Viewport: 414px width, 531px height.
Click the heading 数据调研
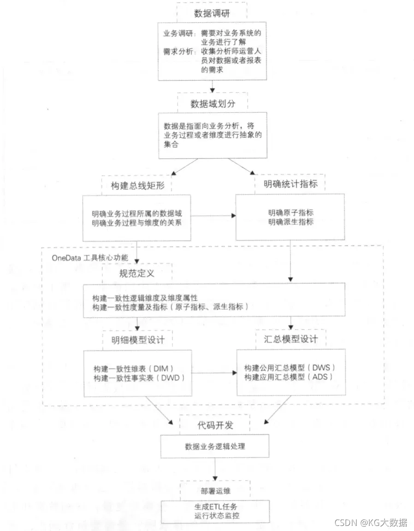(213, 13)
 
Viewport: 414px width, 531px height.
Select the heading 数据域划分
(213, 103)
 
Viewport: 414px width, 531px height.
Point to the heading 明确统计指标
(290, 184)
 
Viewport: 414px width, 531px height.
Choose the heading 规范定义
(136, 273)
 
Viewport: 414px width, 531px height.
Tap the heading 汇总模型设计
(290, 339)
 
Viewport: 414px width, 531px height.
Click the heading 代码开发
(214, 424)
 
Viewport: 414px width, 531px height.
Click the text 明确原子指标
(291, 213)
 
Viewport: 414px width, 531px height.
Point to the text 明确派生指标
(291, 222)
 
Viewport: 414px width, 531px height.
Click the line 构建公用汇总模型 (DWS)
(290, 368)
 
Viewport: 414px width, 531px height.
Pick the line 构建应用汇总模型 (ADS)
(289, 378)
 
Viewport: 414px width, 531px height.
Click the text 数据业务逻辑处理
(215, 446)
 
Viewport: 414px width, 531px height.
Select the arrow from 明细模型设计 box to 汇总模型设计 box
(213, 373)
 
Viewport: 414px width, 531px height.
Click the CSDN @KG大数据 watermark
(370, 523)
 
